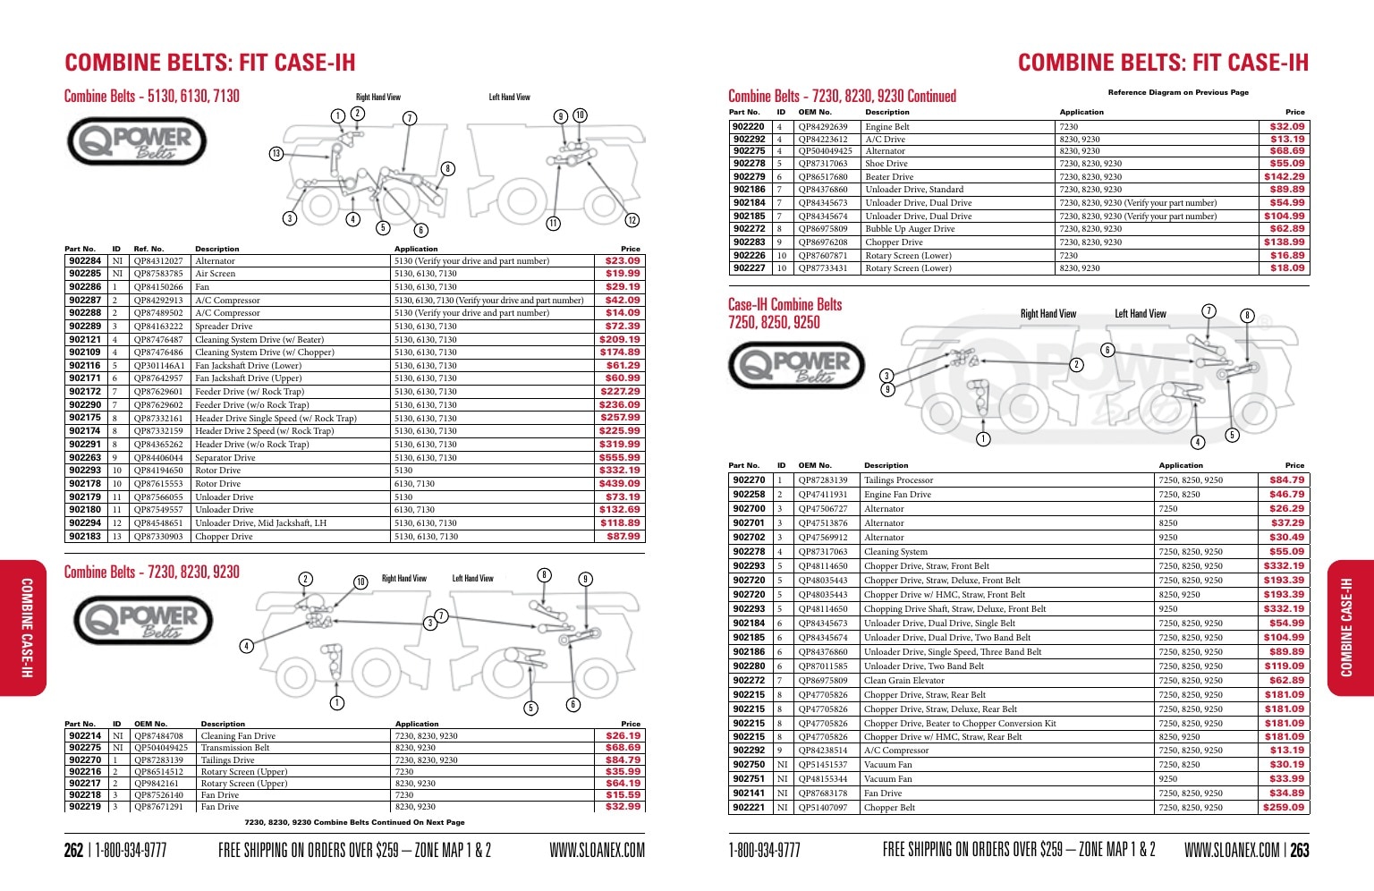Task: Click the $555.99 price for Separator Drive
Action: click(x=620, y=457)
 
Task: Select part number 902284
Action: click(x=85, y=261)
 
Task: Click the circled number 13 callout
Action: click(x=276, y=153)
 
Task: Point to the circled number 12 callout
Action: click(x=632, y=220)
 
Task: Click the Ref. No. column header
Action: click(x=148, y=249)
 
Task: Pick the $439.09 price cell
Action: click(x=620, y=484)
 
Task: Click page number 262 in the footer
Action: click(x=73, y=850)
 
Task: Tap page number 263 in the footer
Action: click(x=1299, y=850)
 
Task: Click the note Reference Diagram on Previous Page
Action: click(x=1178, y=93)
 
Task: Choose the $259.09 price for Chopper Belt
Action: click(x=1284, y=808)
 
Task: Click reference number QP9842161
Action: click(x=157, y=783)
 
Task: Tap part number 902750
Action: click(x=749, y=765)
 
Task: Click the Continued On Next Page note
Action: click(x=354, y=822)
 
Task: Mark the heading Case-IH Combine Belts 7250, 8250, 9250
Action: click(x=785, y=314)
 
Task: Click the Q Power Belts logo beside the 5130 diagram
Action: click(x=137, y=141)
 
